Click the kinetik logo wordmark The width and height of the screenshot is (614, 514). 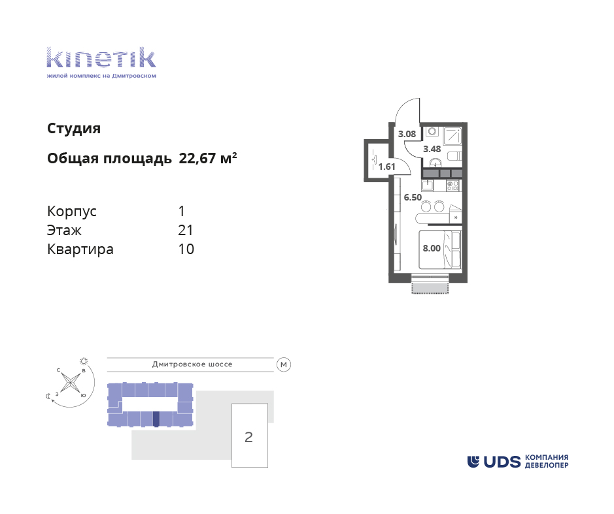click(101, 57)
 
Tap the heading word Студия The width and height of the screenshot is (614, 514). click(74, 129)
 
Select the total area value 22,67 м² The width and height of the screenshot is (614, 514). click(207, 158)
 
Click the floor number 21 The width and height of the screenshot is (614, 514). click(185, 231)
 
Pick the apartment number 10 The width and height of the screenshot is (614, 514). click(186, 249)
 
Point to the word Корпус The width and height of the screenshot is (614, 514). click(72, 212)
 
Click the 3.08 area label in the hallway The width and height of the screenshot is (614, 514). click(407, 134)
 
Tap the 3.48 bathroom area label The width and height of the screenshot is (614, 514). click(432, 149)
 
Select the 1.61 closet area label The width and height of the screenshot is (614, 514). click(386, 167)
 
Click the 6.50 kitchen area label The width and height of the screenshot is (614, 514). click(413, 197)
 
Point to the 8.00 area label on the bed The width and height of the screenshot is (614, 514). click(432, 248)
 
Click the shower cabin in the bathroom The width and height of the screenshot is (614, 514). click(452, 136)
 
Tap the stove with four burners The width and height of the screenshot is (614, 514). click(453, 185)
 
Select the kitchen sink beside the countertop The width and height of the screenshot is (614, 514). click(428, 185)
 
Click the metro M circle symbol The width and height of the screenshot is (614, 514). click(284, 364)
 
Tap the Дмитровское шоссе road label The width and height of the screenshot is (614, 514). click(192, 364)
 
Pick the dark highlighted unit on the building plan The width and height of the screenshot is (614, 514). click(156, 419)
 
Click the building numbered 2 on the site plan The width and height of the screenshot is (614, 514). click(249, 436)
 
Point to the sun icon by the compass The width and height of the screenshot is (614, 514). click(84, 361)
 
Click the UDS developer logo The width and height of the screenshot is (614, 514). click(518, 462)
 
